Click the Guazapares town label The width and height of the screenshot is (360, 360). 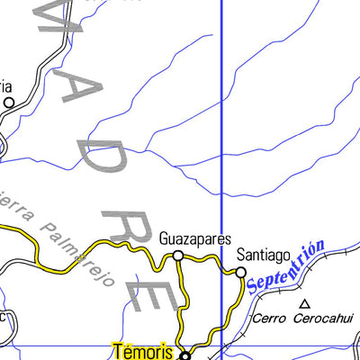pyautogui.click(x=195, y=240)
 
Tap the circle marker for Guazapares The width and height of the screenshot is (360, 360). pyautogui.click(x=178, y=256)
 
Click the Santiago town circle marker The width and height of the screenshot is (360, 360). pyautogui.click(x=241, y=271)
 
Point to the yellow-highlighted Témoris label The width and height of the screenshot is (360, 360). pyautogui.click(x=143, y=351)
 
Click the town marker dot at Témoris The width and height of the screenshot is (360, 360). pyautogui.click(x=185, y=355)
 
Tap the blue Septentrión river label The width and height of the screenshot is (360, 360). pyautogui.click(x=285, y=270)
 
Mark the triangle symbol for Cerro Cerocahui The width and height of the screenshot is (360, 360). pyautogui.click(x=304, y=304)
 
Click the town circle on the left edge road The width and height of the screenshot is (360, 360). pyautogui.click(x=9, y=103)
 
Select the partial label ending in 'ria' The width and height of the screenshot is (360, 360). pyautogui.click(x=4, y=86)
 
